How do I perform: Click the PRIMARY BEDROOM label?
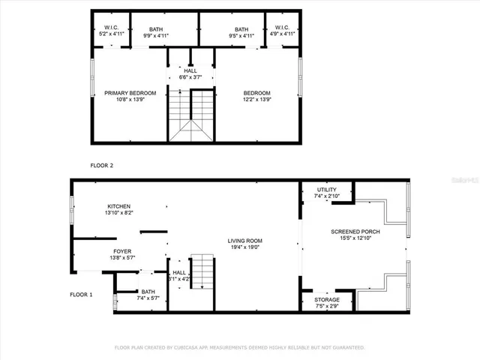pyautogui.click(x=130, y=92)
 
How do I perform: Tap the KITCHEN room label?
pyautogui.click(x=118, y=206)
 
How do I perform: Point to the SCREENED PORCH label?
pyautogui.click(x=355, y=232)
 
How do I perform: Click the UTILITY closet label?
pyautogui.click(x=327, y=190)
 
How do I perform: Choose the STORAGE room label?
pyautogui.click(x=327, y=299)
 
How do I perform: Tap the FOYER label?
pyautogui.click(x=122, y=251)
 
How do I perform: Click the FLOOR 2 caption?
pyautogui.click(x=102, y=164)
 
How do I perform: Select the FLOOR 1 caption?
pyautogui.click(x=81, y=295)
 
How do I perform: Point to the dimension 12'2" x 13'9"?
pyautogui.click(x=256, y=99)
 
